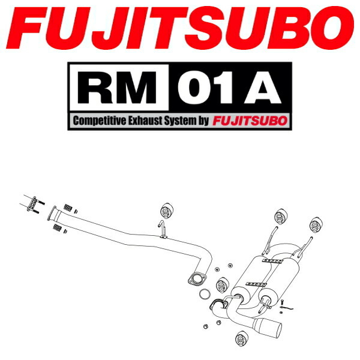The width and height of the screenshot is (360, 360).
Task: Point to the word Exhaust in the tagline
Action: tap(148, 121)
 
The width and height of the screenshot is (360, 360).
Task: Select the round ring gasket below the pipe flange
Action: tap(205, 295)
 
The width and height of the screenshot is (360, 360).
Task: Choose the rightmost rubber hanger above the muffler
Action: tap(314, 226)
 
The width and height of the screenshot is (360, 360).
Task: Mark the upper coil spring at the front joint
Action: tap(68, 208)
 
